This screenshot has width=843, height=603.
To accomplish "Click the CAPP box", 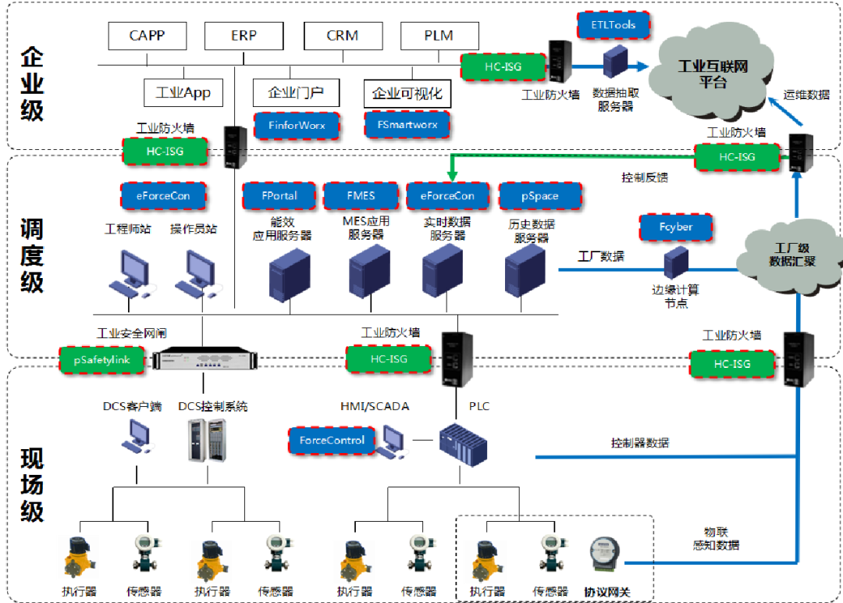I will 148,35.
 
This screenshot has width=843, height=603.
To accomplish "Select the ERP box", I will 244,35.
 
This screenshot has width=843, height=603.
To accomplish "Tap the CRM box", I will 342,35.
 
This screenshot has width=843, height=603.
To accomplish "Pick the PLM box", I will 439,35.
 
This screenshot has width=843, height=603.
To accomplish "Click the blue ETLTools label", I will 613,25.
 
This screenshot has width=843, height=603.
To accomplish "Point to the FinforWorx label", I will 297,125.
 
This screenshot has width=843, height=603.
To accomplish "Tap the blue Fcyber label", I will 675,227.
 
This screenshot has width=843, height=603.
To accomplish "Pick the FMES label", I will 361,196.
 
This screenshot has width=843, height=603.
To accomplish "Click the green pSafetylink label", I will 102,360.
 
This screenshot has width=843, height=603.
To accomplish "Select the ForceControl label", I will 332,441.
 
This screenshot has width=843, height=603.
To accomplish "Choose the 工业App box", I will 183,93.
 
